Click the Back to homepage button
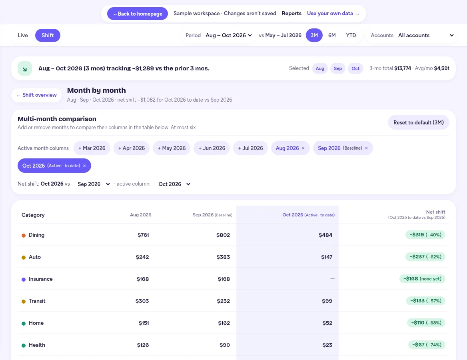coord(137,14)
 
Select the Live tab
coord(23,36)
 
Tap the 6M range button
coord(332,36)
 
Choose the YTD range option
coord(351,36)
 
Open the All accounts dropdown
coord(426,36)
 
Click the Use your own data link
coord(333,14)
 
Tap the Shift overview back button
coord(36,95)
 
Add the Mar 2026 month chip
coord(92,148)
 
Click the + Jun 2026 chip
coord(212,148)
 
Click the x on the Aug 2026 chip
coord(303,148)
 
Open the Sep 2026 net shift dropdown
coord(94,184)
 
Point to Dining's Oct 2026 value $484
coord(325,235)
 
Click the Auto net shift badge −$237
coord(425,257)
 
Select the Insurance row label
coord(40,279)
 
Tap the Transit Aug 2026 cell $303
coord(142,301)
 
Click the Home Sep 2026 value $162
coord(224,323)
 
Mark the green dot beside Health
coord(24,345)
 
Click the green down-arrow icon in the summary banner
coord(25,68)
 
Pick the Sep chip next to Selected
coord(338,68)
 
